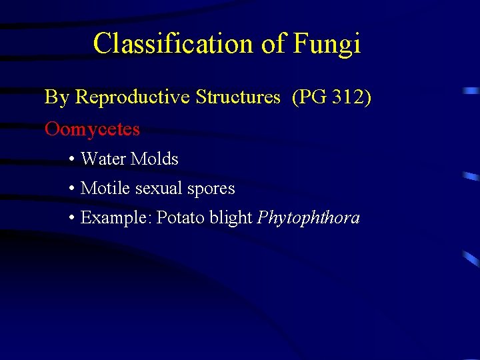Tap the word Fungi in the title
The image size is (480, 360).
click(326, 44)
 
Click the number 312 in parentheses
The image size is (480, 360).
click(345, 97)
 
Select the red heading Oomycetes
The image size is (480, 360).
click(92, 129)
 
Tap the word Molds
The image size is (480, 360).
click(155, 159)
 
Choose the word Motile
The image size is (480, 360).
click(105, 189)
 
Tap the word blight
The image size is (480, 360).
click(231, 218)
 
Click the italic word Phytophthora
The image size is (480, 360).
click(308, 218)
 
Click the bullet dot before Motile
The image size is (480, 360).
click(71, 189)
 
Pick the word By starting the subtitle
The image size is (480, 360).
click(57, 97)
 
